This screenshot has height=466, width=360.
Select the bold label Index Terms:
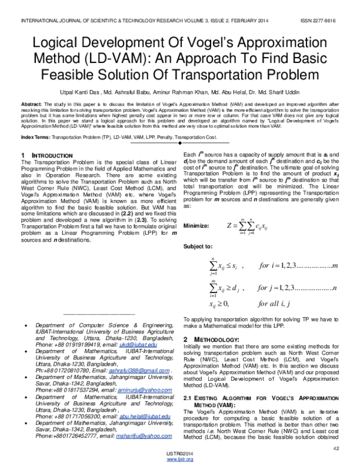[x=35, y=138]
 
